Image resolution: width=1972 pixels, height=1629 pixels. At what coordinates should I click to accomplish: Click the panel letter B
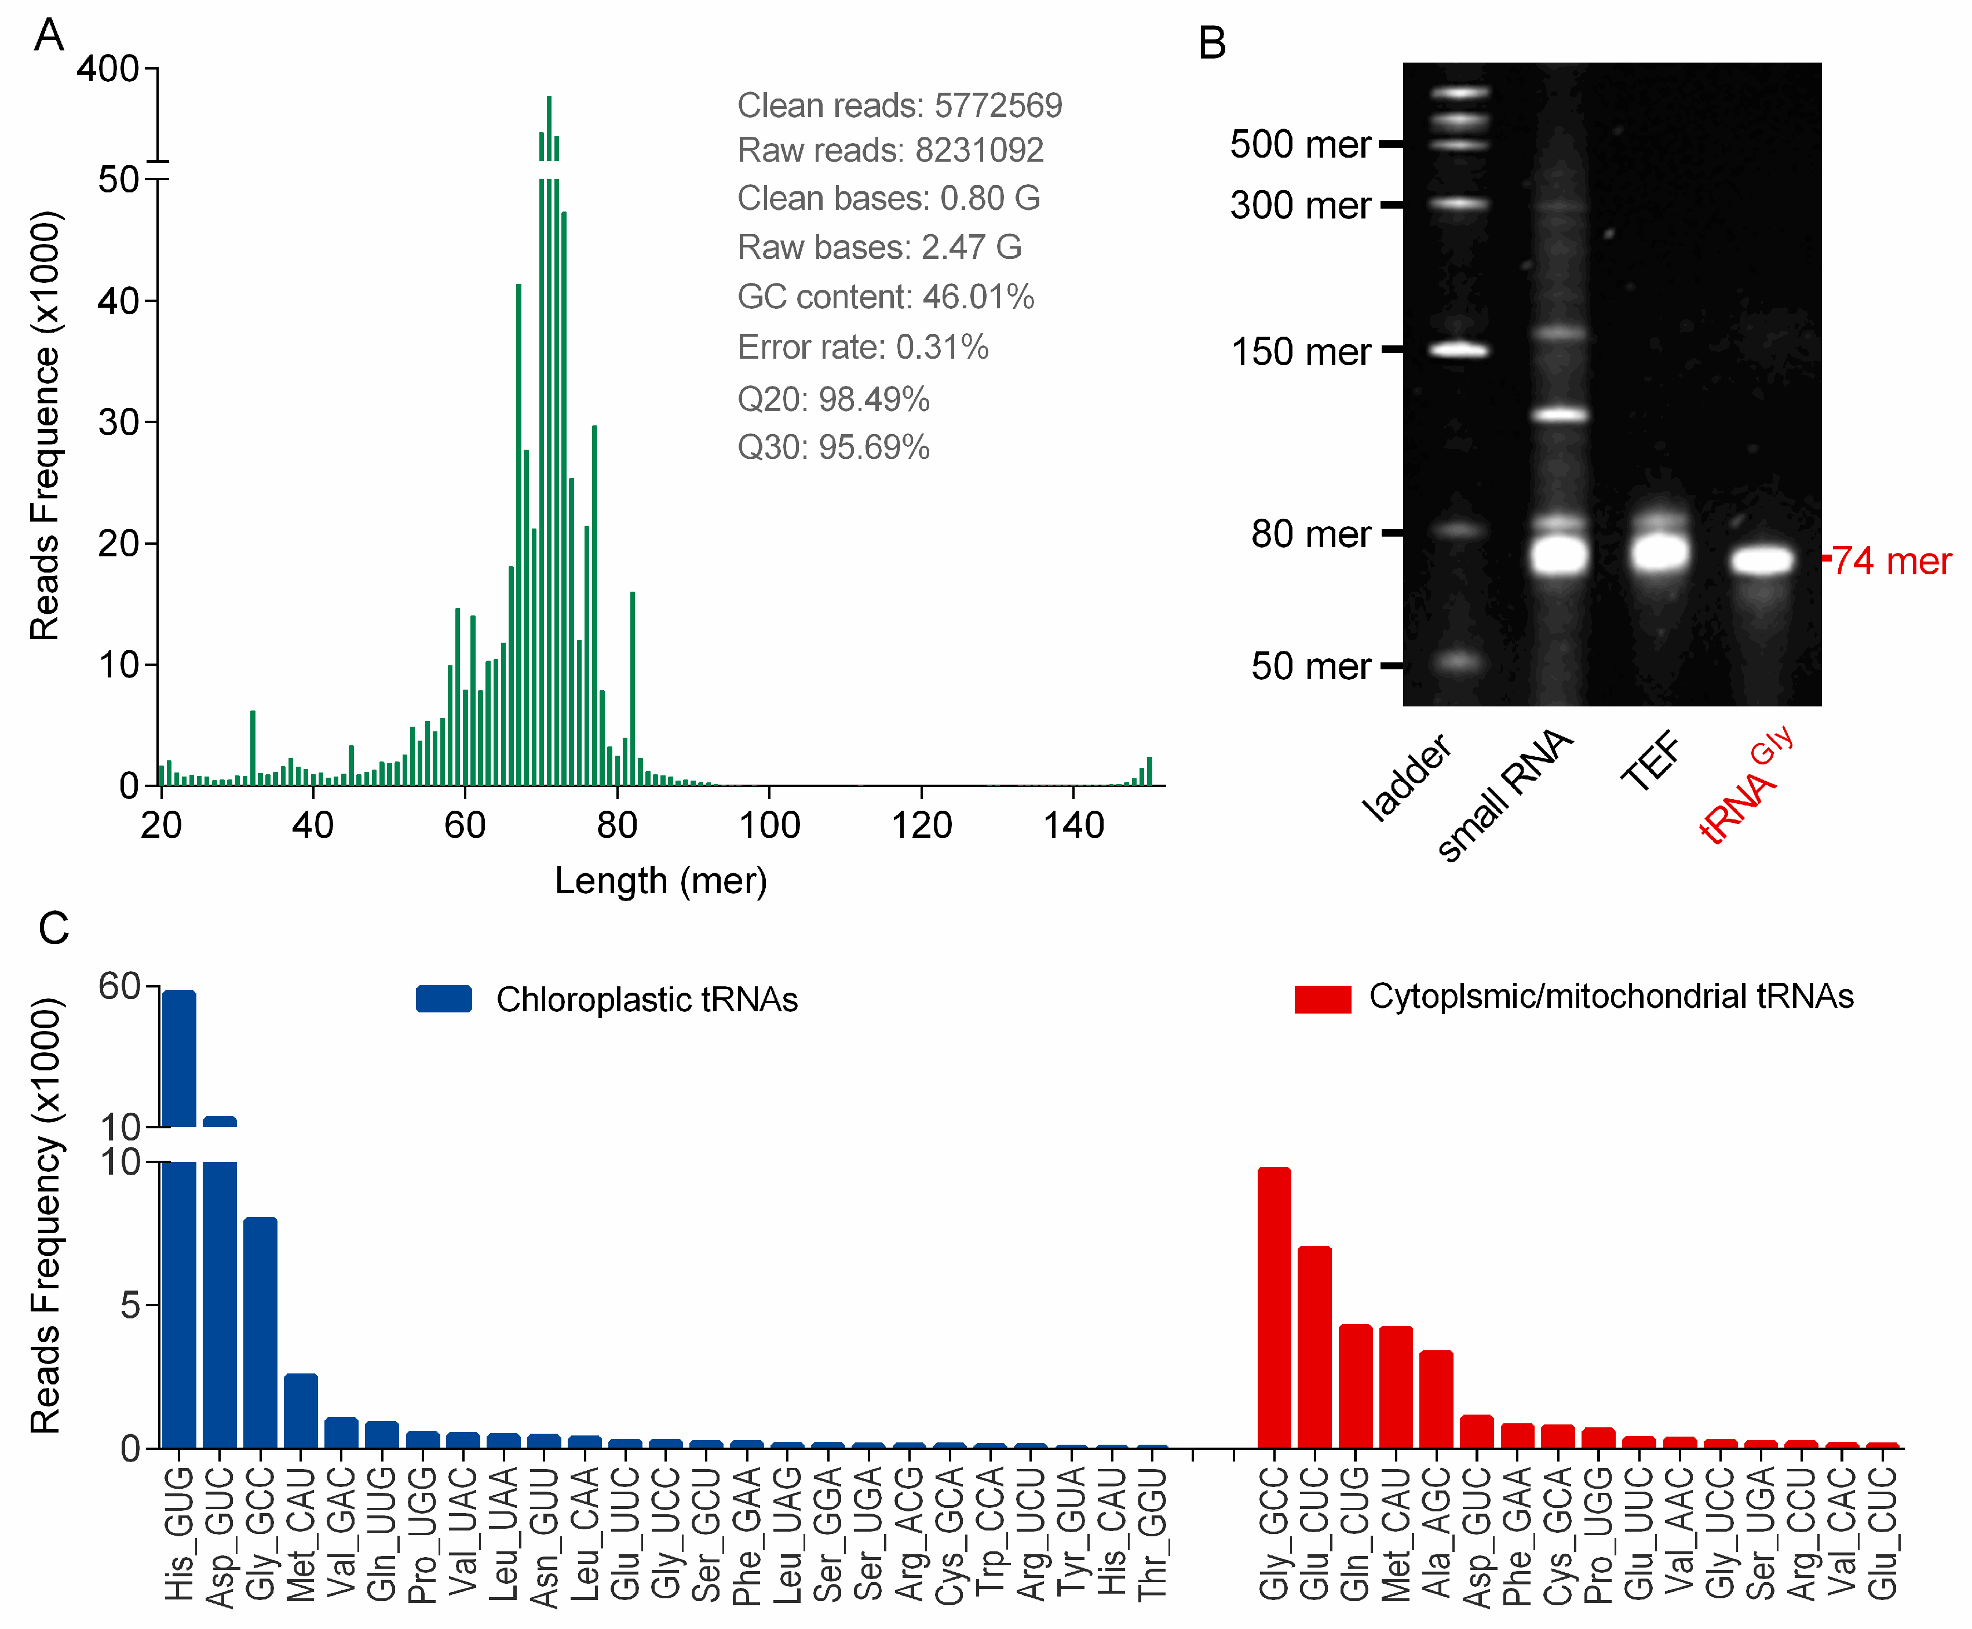[x=1211, y=43]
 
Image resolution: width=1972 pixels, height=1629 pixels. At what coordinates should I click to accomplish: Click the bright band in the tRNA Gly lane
[x=1762, y=560]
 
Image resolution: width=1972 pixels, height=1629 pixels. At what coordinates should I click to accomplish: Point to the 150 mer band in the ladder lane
[x=1458, y=350]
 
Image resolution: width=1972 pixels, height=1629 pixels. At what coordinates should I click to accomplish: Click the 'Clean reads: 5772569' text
[x=899, y=105]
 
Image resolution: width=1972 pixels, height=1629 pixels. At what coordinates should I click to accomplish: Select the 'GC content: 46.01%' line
[x=885, y=297]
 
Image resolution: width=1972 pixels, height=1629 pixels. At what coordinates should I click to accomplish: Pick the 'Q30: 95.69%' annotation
[x=833, y=447]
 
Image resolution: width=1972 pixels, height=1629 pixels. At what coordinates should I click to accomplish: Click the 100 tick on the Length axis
[x=769, y=824]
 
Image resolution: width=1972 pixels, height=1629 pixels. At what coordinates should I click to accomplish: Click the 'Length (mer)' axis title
[x=660, y=880]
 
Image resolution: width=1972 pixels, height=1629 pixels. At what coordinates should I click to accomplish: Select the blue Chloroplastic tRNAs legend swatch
[x=444, y=998]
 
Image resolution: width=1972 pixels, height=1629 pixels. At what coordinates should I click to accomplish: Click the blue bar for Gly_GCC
[x=260, y=1332]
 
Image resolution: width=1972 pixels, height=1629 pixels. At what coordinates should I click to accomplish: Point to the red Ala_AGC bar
[x=1436, y=1399]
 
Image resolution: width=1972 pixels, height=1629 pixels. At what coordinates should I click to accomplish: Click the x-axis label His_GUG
[x=178, y=1534]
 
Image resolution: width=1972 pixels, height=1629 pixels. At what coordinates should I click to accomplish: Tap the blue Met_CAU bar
[x=300, y=1411]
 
